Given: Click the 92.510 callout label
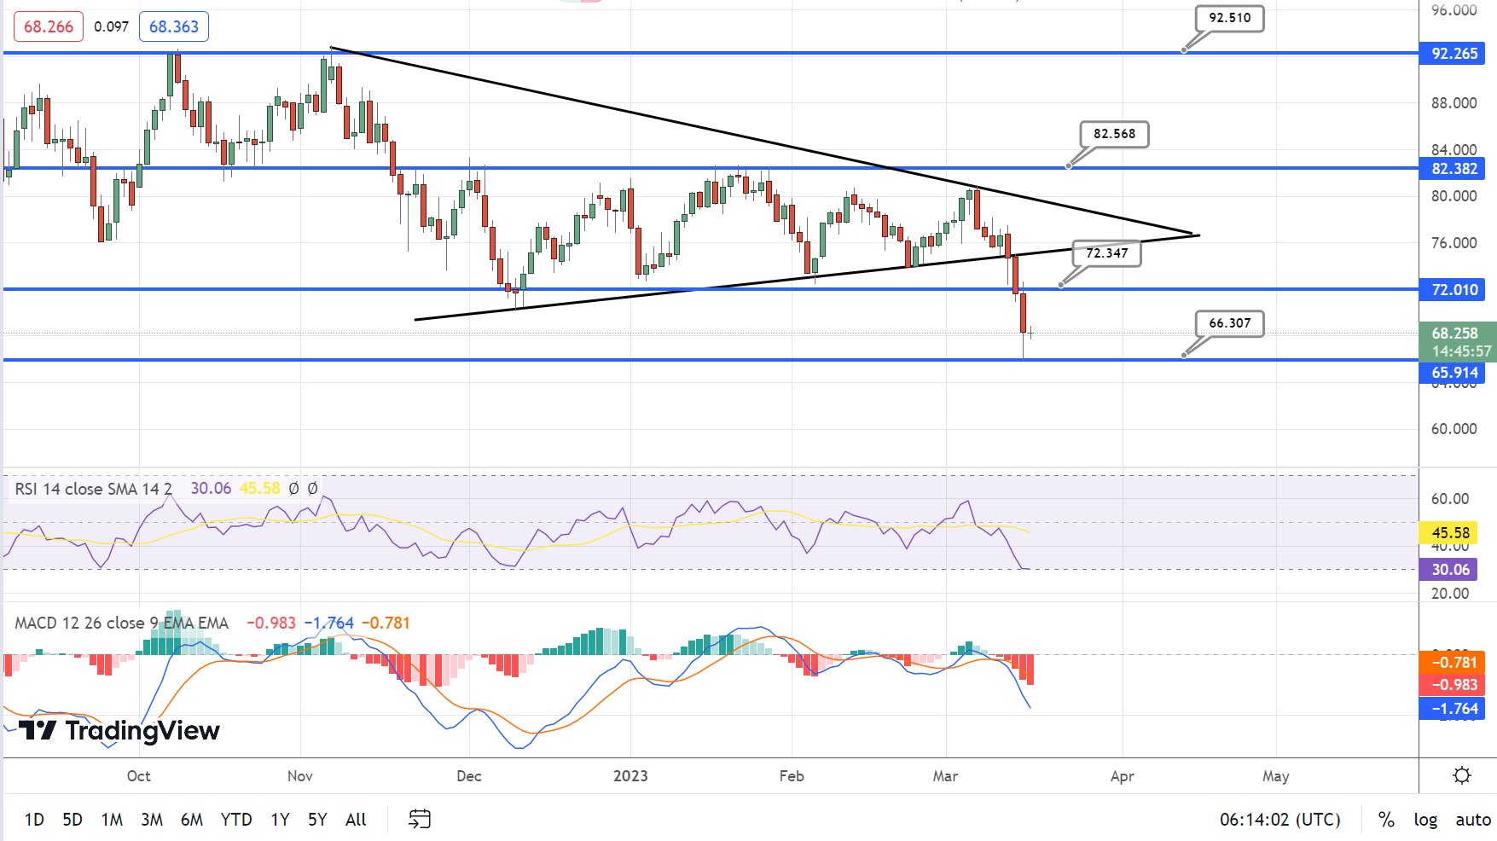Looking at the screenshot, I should (1229, 18).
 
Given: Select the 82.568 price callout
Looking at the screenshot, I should (1114, 134).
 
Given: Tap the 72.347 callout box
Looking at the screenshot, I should (1106, 253).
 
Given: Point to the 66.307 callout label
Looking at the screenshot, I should (1229, 323).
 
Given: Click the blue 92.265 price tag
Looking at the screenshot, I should (1453, 54).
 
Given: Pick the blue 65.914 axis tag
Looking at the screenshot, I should (1453, 373).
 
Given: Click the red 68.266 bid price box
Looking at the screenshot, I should (49, 26).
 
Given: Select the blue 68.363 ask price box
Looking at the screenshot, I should (174, 26).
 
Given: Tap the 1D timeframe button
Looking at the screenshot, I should (34, 820).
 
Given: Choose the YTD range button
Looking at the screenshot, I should (236, 820).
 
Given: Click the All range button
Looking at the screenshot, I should (356, 820).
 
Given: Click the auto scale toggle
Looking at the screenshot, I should (1473, 820).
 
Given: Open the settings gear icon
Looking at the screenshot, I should (1462, 775).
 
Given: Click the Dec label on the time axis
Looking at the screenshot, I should (469, 776).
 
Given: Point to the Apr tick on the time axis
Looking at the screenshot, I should (1123, 776).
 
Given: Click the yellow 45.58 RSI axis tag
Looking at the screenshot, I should (1450, 533).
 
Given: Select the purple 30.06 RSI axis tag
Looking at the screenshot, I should (1450, 570).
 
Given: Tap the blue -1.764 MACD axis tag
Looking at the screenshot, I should (1453, 709).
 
